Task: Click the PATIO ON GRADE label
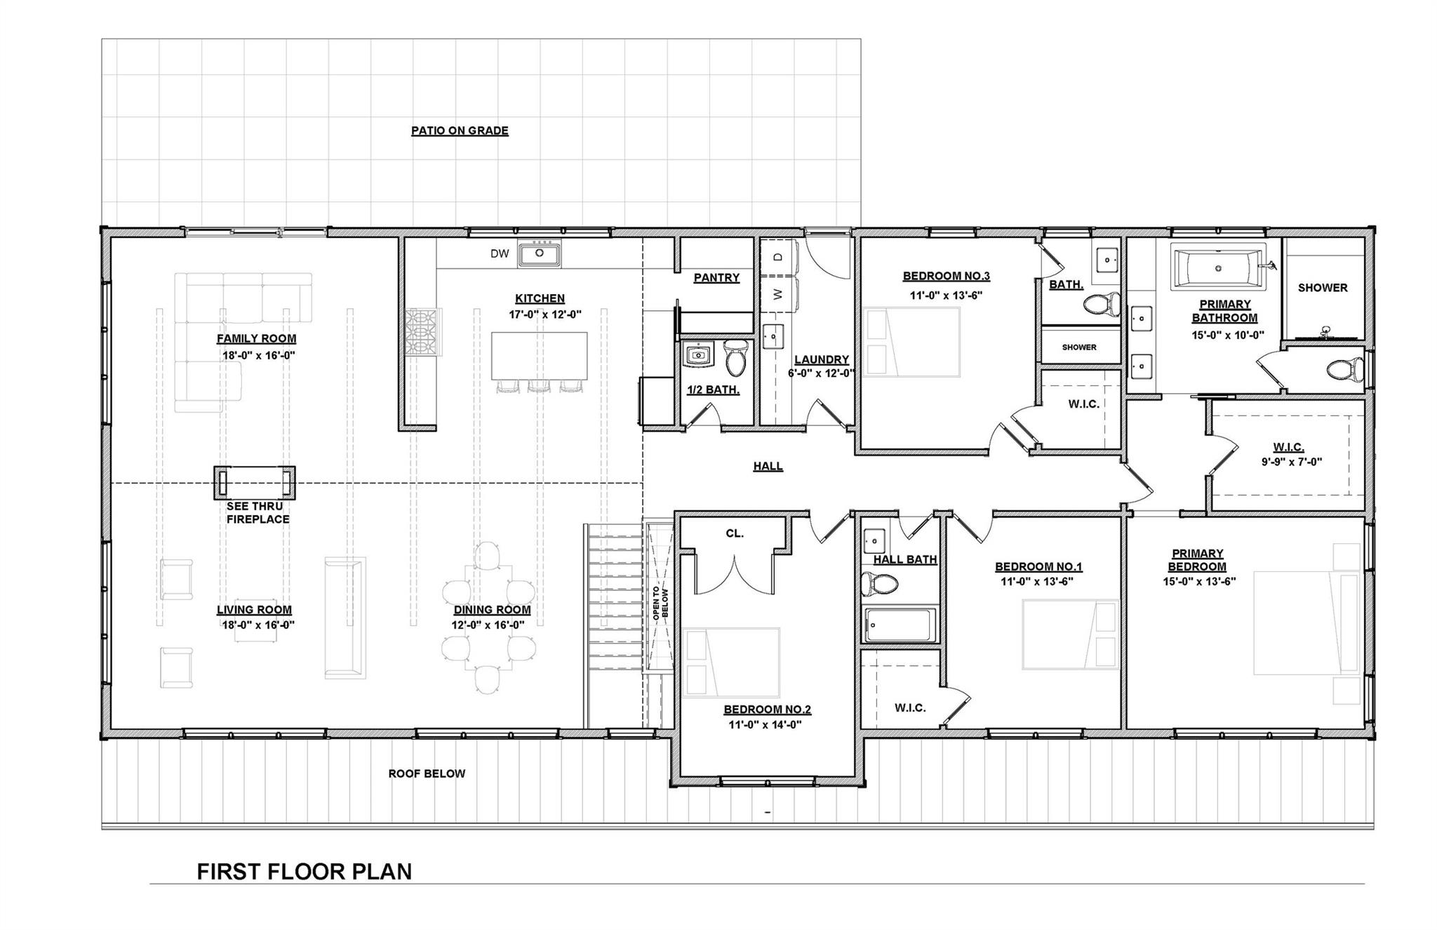460,131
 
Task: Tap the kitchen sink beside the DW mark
540,253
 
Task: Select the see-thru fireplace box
255,483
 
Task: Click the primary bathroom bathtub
1217,267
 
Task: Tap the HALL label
768,466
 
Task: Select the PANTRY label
716,278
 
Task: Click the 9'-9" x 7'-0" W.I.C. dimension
1291,462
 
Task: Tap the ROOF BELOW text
427,773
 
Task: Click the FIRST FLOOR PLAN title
304,872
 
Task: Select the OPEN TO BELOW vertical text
660,602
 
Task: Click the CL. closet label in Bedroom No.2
735,533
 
